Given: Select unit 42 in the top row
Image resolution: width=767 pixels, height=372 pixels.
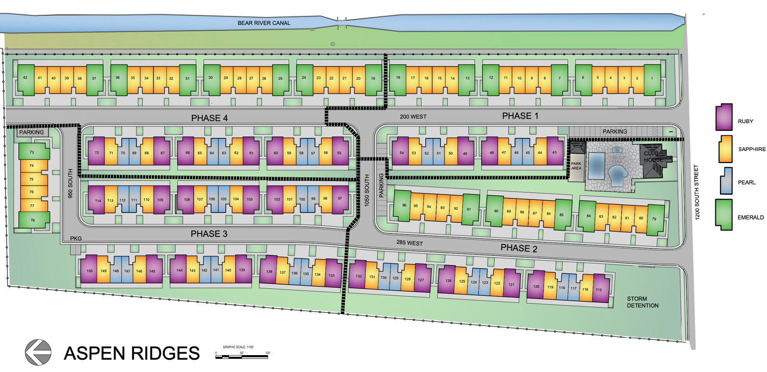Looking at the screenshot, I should pos(25,78).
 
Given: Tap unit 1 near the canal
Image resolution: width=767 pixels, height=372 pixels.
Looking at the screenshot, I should pos(651,78).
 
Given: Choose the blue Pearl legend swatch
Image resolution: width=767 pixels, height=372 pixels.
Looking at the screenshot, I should pos(724,181).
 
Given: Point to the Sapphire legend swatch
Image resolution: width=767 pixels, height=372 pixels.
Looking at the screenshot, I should pos(724,148).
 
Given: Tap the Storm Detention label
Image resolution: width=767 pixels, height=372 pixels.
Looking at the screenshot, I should pos(643,302).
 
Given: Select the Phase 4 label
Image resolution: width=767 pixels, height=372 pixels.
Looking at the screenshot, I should pos(209,118).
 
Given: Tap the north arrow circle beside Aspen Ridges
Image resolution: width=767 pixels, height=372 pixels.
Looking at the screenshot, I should pos(38,352).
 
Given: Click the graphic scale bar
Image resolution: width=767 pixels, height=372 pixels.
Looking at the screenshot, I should pos(243,357).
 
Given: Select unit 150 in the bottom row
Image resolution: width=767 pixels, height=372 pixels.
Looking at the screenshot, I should pos(89,271).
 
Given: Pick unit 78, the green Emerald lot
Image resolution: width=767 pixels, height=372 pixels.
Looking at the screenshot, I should pos(32,220).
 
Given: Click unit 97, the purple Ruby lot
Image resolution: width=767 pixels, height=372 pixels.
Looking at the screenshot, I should pos(340,199).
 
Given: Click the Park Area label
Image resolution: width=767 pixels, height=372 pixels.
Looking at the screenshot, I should pos(576,165).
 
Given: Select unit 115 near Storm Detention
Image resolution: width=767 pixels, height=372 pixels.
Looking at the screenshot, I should pos(599,290).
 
